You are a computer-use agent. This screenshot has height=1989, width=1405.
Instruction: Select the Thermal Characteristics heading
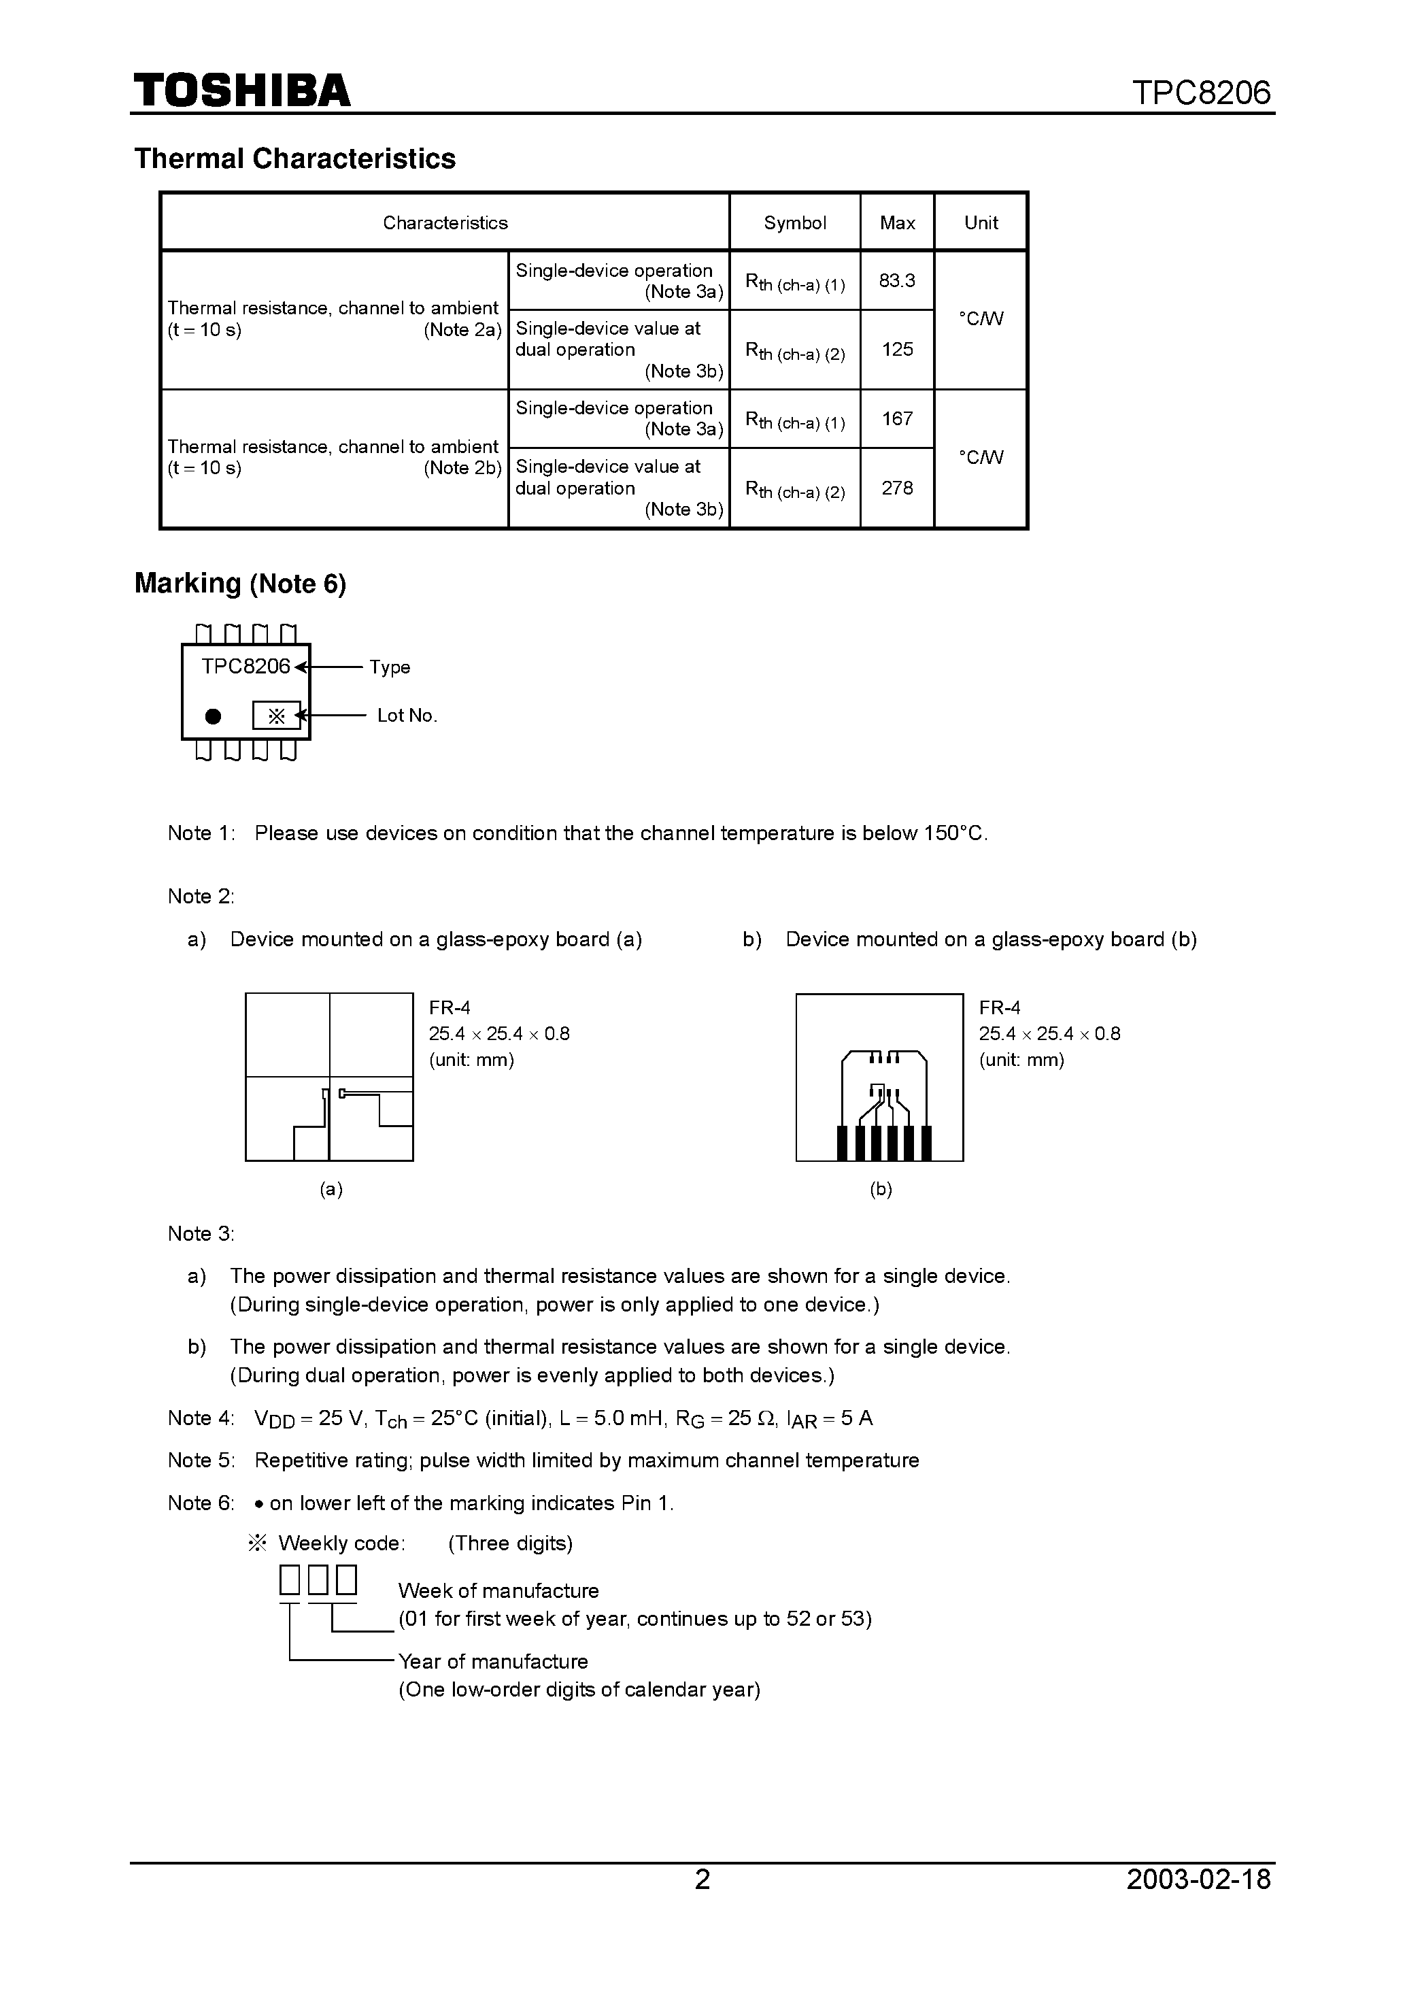[x=294, y=158]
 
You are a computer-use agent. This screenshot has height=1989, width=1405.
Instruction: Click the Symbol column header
[x=794, y=222]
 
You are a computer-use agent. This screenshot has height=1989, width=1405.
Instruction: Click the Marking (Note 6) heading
[x=240, y=584]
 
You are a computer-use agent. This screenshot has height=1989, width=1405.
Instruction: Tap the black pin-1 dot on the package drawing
[x=213, y=716]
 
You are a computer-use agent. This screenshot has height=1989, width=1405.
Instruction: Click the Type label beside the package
[x=389, y=667]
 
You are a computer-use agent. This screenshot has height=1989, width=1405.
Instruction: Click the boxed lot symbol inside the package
[x=276, y=716]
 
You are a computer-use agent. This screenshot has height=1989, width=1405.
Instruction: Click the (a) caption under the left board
[x=331, y=1190]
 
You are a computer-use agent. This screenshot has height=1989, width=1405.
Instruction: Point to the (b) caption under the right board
[x=880, y=1190]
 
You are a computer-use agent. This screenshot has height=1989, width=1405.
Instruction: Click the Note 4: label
[x=200, y=1418]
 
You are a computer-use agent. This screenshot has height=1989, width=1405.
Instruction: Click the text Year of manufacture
[x=493, y=1662]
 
